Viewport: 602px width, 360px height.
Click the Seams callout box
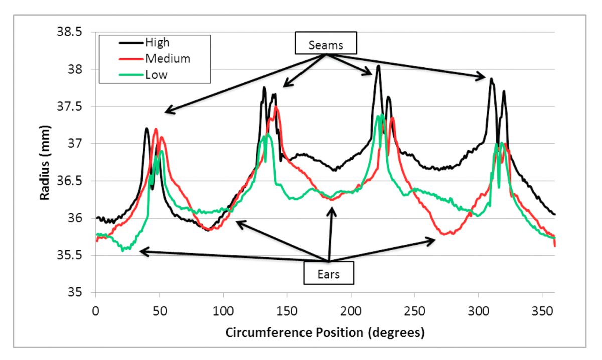coord(326,45)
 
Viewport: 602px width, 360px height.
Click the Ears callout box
coord(328,274)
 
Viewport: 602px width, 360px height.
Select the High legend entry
coord(157,42)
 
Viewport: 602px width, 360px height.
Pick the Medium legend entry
coord(168,59)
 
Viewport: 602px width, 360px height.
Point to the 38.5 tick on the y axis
coord(72,32)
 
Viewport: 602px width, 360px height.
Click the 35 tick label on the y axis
coord(77,293)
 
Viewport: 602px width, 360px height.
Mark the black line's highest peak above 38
coord(378,66)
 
